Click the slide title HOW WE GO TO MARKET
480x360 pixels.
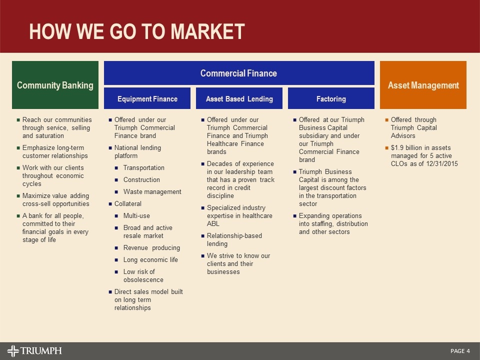tap(137, 31)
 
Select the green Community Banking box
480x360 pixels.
tap(55, 85)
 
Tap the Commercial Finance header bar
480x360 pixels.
tap(238, 73)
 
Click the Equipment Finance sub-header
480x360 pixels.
tap(147, 99)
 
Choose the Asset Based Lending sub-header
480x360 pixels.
tap(239, 99)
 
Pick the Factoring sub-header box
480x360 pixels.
tap(331, 99)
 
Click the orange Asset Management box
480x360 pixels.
tap(423, 85)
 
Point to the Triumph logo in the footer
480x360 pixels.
tap(34, 350)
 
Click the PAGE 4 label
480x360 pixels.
tap(460, 351)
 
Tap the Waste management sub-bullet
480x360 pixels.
tap(152, 192)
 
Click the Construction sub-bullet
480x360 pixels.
tap(141, 180)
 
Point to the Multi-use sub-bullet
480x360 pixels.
tap(136, 216)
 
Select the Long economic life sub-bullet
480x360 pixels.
tap(150, 260)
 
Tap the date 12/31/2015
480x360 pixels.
tap(440, 164)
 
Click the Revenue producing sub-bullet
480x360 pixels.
tap(151, 248)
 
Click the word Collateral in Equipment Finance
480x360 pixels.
tap(128, 204)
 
